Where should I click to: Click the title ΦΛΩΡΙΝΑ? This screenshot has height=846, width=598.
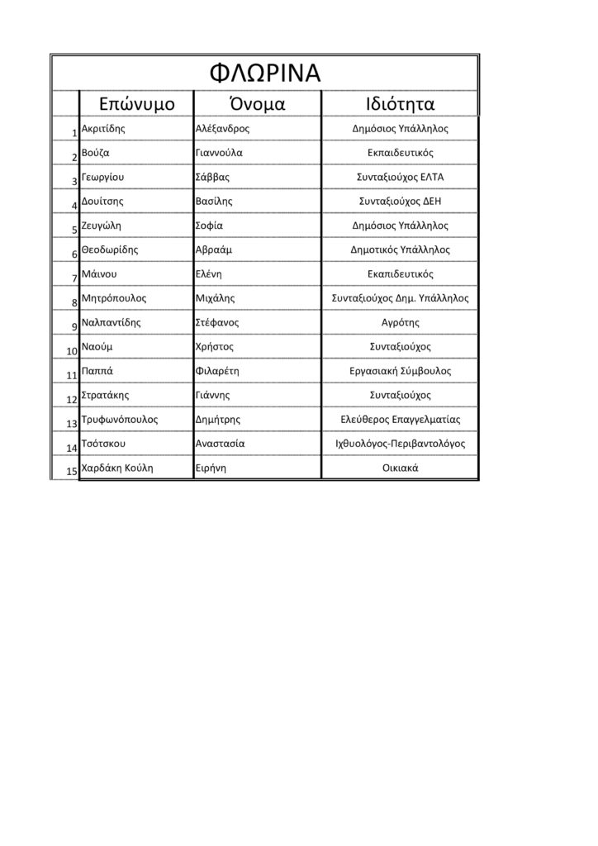click(264, 72)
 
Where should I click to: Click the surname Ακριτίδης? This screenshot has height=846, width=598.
click(104, 129)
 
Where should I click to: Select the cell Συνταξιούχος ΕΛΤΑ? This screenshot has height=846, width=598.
click(400, 177)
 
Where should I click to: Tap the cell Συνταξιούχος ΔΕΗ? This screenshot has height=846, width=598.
click(400, 201)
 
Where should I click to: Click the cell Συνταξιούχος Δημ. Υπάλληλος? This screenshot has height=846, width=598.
click(400, 297)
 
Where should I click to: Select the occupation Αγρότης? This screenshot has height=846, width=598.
click(400, 322)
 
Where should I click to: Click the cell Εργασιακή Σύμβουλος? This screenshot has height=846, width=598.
click(400, 371)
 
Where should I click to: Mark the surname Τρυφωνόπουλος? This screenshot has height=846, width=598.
click(120, 419)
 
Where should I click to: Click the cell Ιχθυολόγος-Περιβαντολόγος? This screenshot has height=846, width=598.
click(400, 444)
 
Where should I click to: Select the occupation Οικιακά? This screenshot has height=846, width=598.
click(400, 468)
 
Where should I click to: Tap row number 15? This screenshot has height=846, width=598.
click(72, 471)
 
